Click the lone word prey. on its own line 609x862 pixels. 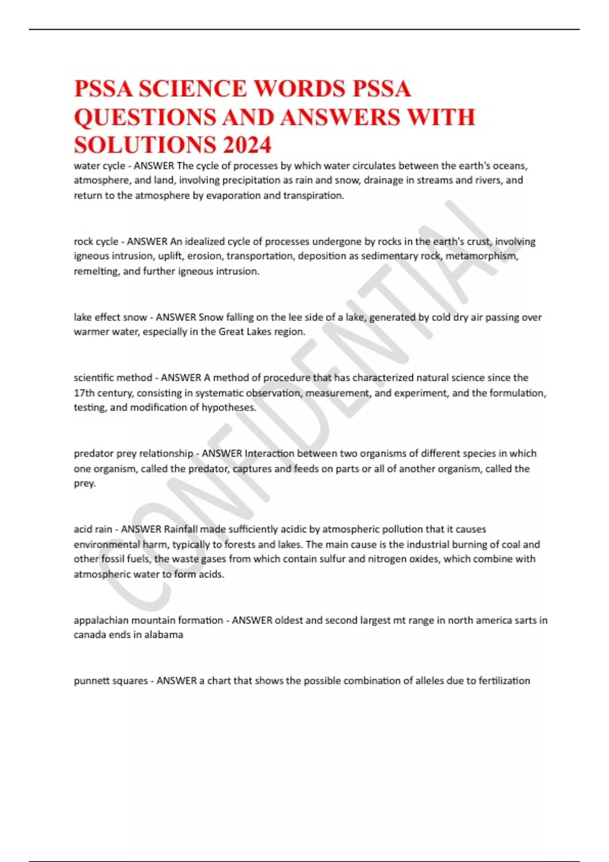pos(85,484)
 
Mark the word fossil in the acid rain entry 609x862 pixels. pos(113,559)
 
